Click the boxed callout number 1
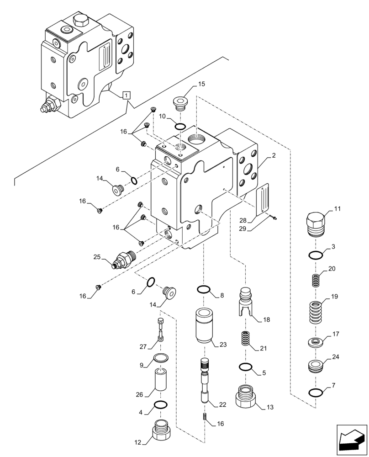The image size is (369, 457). coord(127,95)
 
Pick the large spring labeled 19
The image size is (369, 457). coord(315,312)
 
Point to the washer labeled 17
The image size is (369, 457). coord(315,341)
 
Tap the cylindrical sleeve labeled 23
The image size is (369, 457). coord(203,327)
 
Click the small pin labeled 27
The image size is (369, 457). coord(160,329)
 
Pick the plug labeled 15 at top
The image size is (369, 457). coord(180,103)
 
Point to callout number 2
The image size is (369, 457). coord(273,156)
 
